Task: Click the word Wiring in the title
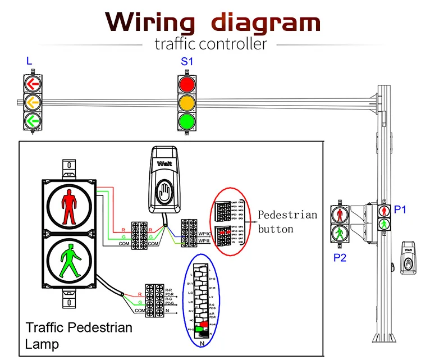click(x=150, y=22)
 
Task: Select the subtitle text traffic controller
click(x=210, y=43)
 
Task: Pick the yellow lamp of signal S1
click(x=187, y=103)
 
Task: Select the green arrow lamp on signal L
click(x=33, y=120)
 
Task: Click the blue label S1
click(x=186, y=62)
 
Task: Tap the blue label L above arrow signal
click(x=29, y=61)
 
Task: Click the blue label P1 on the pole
click(x=400, y=209)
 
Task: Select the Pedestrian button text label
click(x=287, y=221)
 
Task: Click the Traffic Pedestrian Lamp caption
click(x=79, y=335)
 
